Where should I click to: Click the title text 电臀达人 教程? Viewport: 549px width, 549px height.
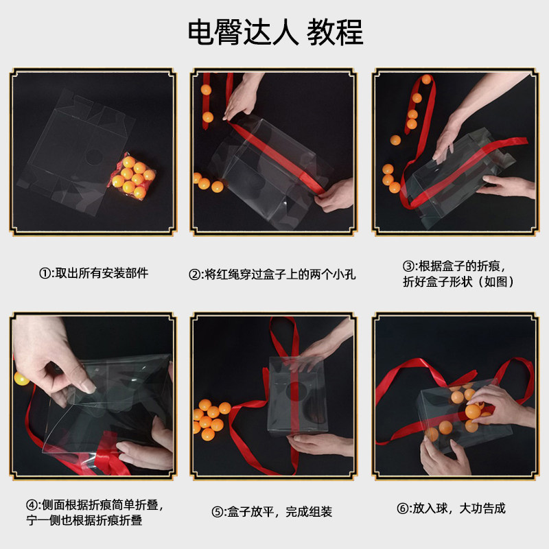point(275,32)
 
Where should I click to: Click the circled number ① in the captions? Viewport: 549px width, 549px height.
point(45,273)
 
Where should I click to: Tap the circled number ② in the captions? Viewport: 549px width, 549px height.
point(194,275)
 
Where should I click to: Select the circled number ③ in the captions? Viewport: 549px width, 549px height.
point(408,266)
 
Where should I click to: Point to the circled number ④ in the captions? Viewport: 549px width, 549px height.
point(32,505)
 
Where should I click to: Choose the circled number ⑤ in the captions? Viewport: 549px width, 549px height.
point(218,512)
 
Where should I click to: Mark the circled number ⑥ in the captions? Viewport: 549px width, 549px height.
point(403,509)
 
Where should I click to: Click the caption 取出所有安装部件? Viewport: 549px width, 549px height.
point(102,273)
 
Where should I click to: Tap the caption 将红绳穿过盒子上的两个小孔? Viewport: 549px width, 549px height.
point(280,275)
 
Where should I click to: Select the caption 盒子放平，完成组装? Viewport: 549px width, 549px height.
point(280,512)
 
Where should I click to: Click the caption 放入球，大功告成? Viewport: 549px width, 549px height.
point(459,509)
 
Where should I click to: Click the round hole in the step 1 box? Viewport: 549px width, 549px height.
point(93,158)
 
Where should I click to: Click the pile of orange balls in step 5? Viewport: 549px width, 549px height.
point(211,419)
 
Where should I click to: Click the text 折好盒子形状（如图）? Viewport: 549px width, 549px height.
point(458,282)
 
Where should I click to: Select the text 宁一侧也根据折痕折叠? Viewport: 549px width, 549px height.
point(84,521)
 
